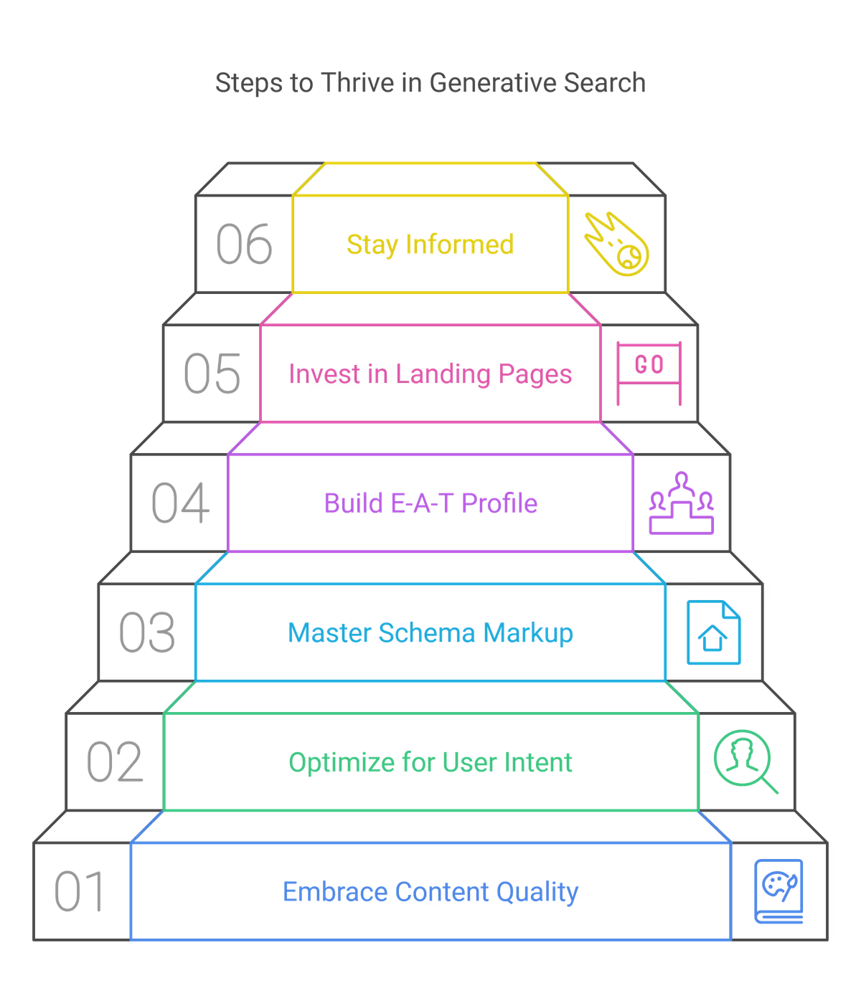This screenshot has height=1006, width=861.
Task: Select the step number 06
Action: [x=244, y=244]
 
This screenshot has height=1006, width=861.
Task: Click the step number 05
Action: [x=212, y=374]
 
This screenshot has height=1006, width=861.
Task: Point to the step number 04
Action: [x=180, y=503]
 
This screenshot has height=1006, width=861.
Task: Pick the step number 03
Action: [x=147, y=632]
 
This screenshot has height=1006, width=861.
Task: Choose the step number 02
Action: [x=115, y=761]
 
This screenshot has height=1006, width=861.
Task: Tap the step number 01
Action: [x=80, y=891]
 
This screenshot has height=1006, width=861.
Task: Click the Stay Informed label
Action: [x=430, y=245]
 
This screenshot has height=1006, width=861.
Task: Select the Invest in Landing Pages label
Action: [x=430, y=374]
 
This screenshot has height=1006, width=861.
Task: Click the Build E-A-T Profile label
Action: [x=430, y=503]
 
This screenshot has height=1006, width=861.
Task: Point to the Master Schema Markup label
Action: [x=430, y=633]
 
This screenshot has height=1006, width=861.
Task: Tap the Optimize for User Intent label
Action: [x=430, y=763]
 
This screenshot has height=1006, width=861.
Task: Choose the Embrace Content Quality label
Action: [x=430, y=892]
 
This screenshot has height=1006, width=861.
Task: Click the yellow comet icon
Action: [x=616, y=244]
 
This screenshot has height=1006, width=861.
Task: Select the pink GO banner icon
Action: [x=649, y=374]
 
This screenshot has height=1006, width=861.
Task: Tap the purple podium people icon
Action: [x=682, y=503]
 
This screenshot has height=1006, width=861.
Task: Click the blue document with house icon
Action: [x=713, y=632]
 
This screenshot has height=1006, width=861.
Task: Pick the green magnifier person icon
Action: [x=745, y=761]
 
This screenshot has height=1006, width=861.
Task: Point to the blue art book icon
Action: [x=778, y=891]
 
